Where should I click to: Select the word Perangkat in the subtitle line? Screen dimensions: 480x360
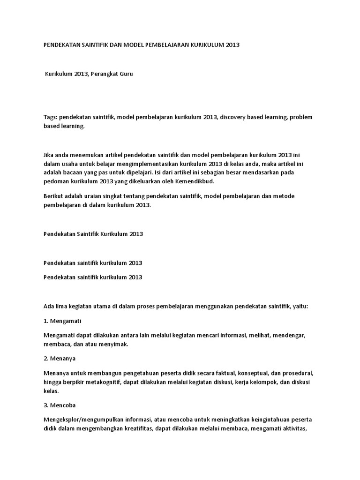coord(103,74)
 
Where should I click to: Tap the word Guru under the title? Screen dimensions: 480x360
coord(127,74)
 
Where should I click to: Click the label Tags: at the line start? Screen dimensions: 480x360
coord(50,116)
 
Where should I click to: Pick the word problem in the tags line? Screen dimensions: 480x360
coord(301,116)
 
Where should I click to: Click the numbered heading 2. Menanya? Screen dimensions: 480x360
coord(60,358)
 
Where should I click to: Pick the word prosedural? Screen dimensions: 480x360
coord(298,373)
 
